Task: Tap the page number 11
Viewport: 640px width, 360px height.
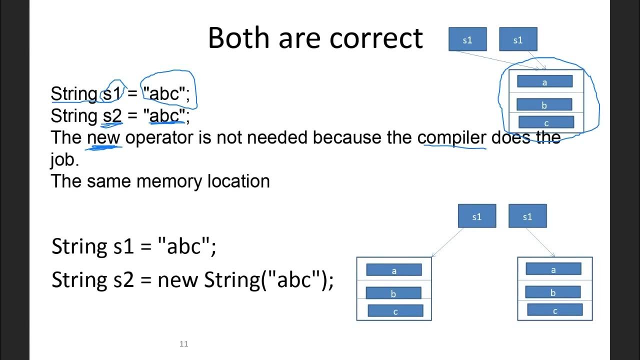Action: click(183, 344)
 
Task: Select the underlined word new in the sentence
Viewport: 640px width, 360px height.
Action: click(104, 137)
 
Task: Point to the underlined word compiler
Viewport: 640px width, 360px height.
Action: click(451, 137)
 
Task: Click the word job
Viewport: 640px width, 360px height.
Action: click(64, 159)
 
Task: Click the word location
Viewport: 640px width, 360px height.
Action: click(238, 181)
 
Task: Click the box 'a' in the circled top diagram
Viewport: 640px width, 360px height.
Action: click(544, 81)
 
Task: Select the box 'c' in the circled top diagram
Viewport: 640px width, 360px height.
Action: click(546, 122)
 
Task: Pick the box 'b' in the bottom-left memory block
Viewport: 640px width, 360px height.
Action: click(393, 293)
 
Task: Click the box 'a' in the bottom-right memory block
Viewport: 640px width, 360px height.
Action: click(553, 269)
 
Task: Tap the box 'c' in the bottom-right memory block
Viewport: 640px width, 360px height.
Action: click(554, 310)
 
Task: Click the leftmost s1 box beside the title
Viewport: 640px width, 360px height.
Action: click(467, 39)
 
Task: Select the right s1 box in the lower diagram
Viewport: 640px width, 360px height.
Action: click(527, 216)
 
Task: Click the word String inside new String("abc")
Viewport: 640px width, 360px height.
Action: click(232, 279)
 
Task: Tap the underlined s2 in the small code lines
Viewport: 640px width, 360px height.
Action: click(112, 116)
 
